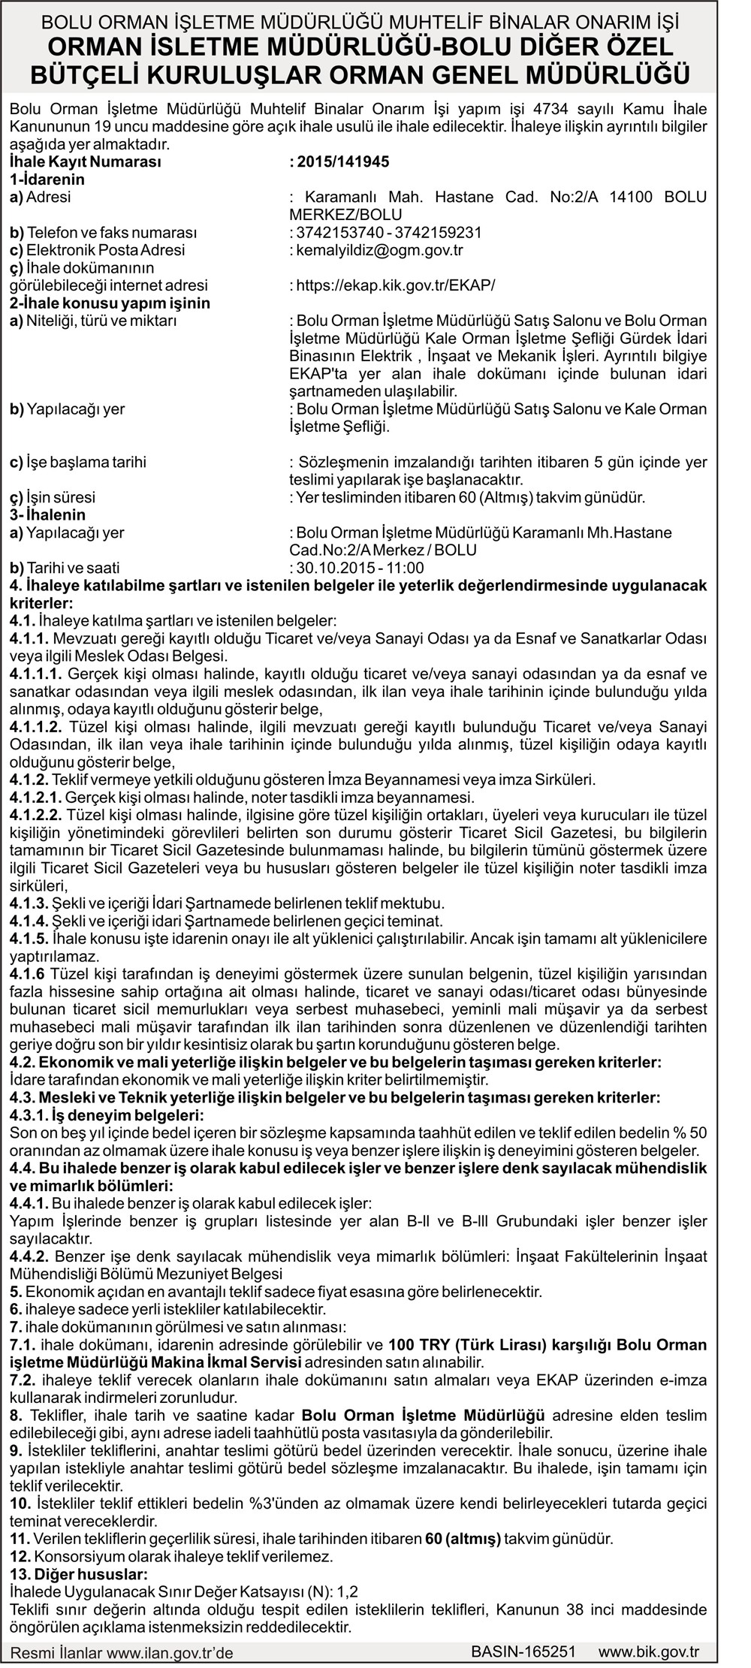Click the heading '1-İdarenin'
click(47, 179)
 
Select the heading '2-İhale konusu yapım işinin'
click(110, 303)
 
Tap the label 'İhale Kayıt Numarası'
click(85, 161)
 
